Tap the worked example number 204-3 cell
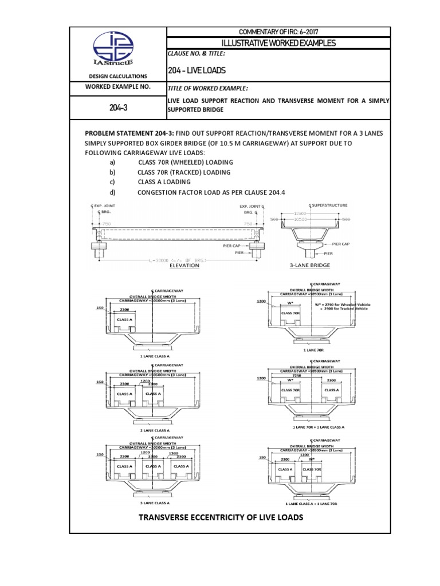coord(117,108)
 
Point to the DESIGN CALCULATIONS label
coord(117,76)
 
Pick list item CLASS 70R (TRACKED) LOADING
coord(184,172)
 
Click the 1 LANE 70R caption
coord(308,349)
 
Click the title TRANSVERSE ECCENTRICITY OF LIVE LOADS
coord(220,518)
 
